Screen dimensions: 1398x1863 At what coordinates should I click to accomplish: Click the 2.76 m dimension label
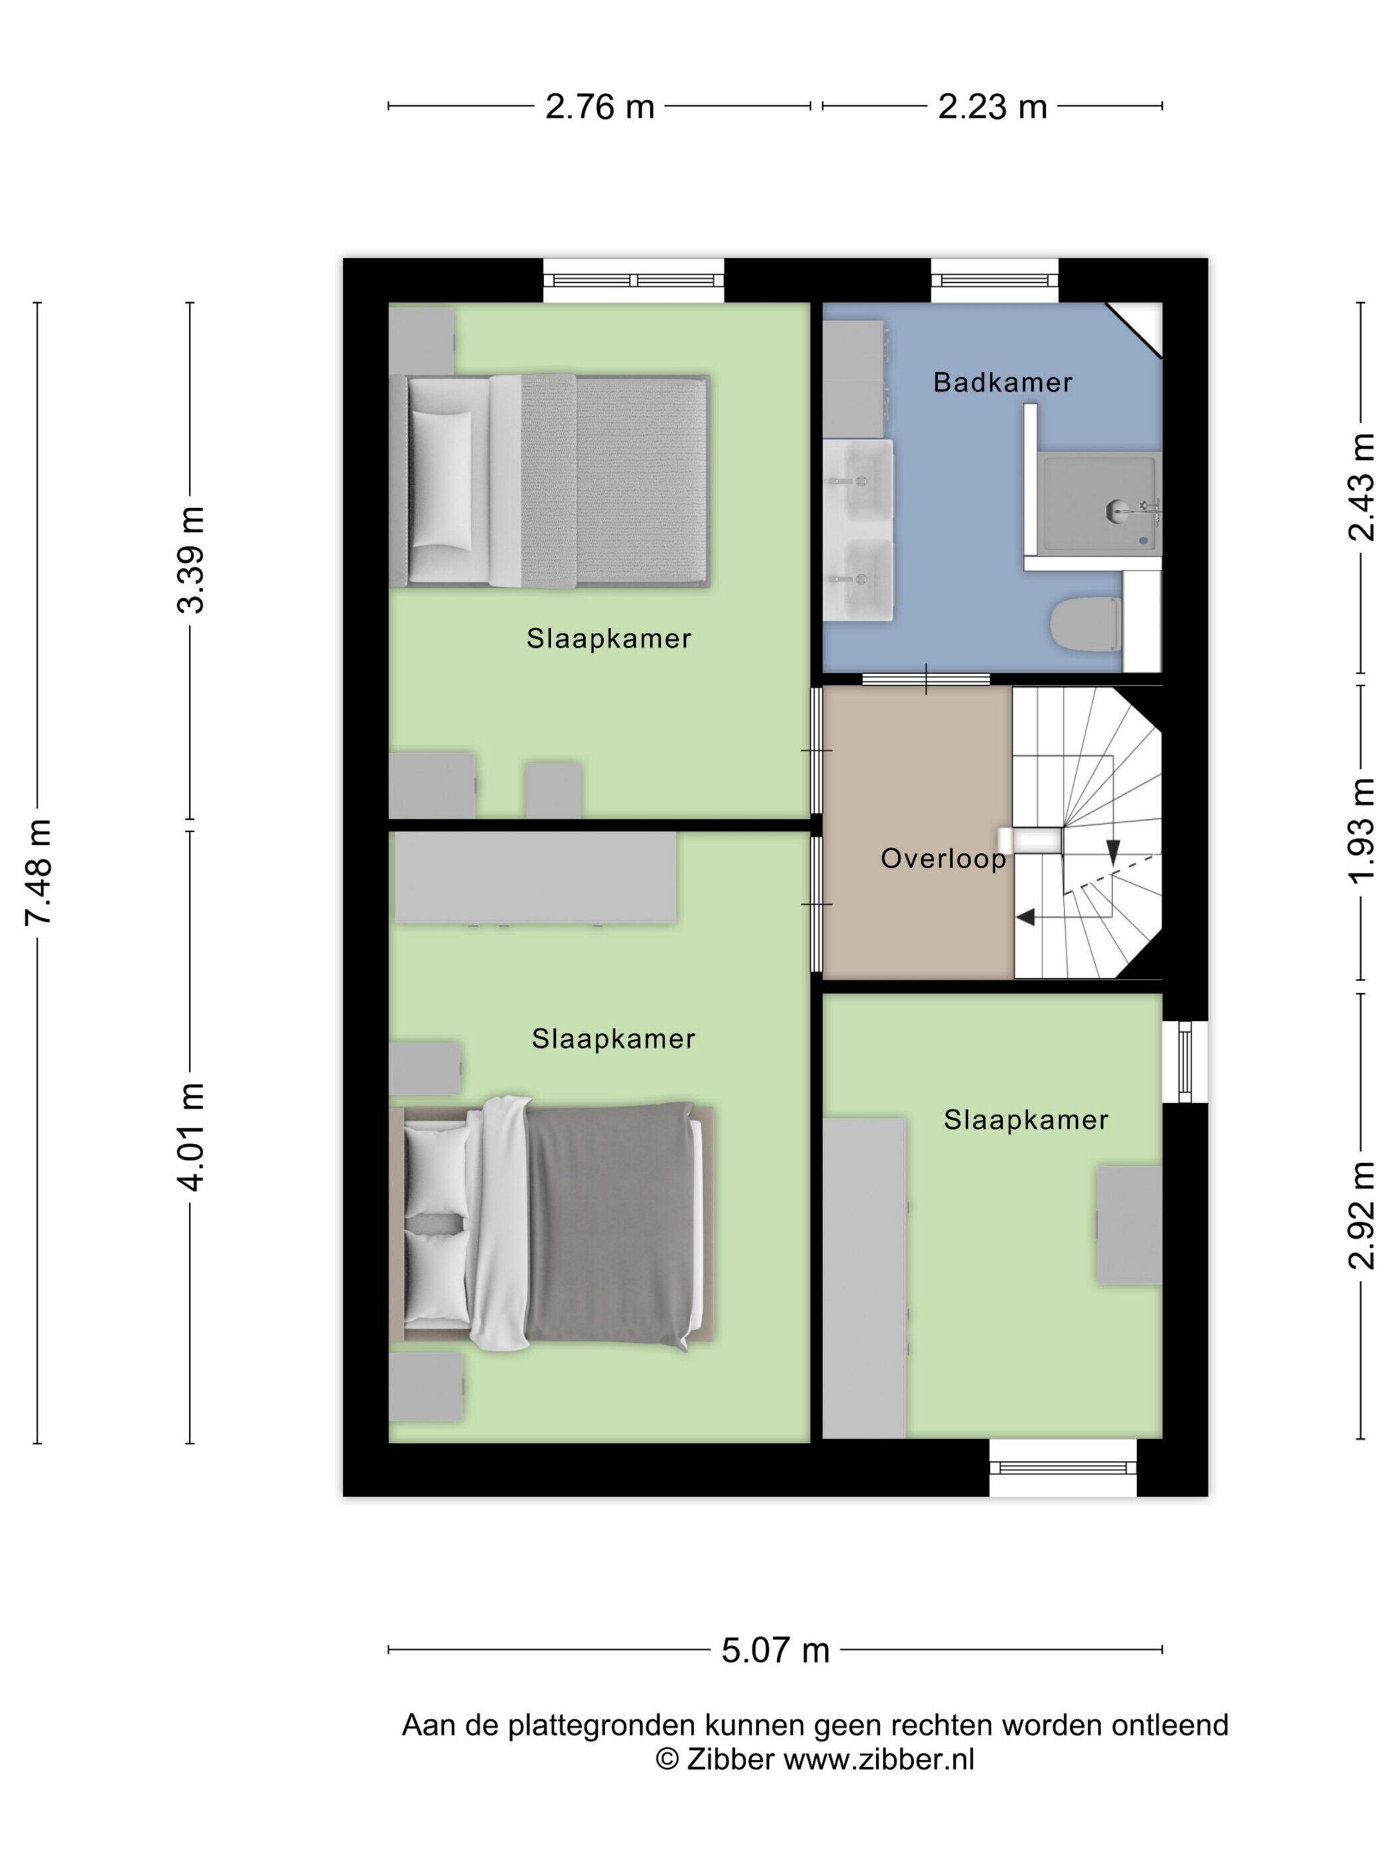[x=599, y=107]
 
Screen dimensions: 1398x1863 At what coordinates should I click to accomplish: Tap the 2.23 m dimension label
[x=992, y=107]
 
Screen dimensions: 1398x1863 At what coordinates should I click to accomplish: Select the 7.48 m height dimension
[x=39, y=872]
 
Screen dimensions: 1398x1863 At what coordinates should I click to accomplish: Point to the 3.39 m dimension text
[x=191, y=560]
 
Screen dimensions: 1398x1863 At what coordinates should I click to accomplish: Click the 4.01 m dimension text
[x=191, y=1137]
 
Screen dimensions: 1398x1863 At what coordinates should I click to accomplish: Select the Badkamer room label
[x=1003, y=383]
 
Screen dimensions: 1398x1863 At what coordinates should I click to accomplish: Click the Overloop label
[x=943, y=858]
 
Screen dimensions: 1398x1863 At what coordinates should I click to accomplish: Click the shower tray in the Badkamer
[x=1099, y=504]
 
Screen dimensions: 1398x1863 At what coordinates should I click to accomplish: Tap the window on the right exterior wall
[x=1185, y=1061]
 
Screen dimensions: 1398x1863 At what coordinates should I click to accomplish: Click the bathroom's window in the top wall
[x=995, y=281]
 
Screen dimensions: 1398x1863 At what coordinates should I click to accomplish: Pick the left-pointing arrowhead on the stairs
[x=1025, y=916]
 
